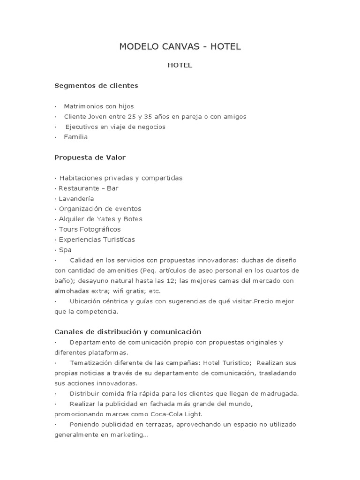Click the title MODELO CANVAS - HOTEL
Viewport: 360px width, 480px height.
click(180, 46)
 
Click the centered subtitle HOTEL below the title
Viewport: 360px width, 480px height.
click(180, 66)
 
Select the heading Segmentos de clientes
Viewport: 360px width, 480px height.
click(96, 86)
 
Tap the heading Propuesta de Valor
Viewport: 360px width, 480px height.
click(90, 157)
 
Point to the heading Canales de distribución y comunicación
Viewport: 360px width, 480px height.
click(128, 332)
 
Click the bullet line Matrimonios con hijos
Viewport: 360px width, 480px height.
click(98, 106)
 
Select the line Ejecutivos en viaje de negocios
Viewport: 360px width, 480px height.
click(115, 127)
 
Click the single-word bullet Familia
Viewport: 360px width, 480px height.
click(76, 137)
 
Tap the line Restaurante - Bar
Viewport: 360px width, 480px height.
click(89, 188)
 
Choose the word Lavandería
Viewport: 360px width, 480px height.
click(76, 199)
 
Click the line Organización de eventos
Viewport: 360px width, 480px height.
click(100, 209)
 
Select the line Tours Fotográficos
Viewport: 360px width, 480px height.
click(90, 230)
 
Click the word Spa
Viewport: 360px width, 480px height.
click(65, 250)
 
